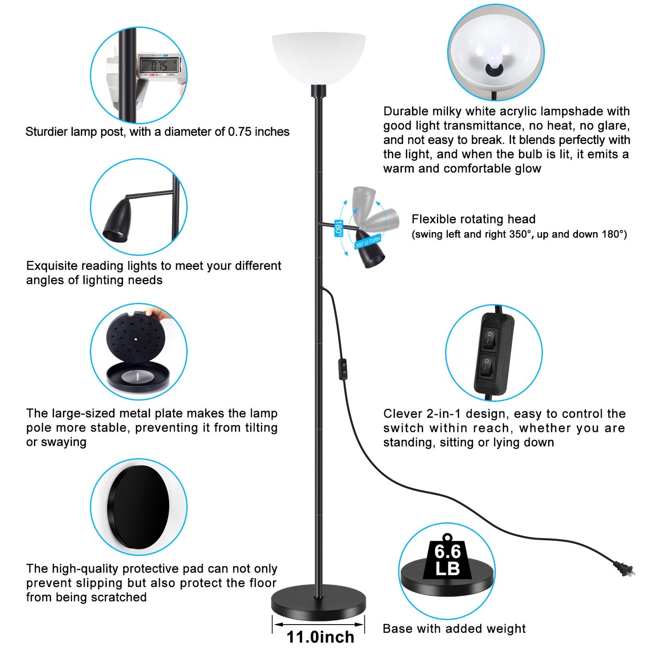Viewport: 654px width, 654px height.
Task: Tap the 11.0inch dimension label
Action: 320,637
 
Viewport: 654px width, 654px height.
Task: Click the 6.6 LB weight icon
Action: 447,559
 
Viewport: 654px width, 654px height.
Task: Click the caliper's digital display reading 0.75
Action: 160,65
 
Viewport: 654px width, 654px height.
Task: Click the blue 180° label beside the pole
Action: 339,228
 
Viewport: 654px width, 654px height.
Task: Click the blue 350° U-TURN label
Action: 368,242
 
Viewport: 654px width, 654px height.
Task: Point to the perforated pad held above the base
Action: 136,339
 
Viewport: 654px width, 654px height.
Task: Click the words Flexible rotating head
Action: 473,219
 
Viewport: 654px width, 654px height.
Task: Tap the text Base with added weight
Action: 454,629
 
